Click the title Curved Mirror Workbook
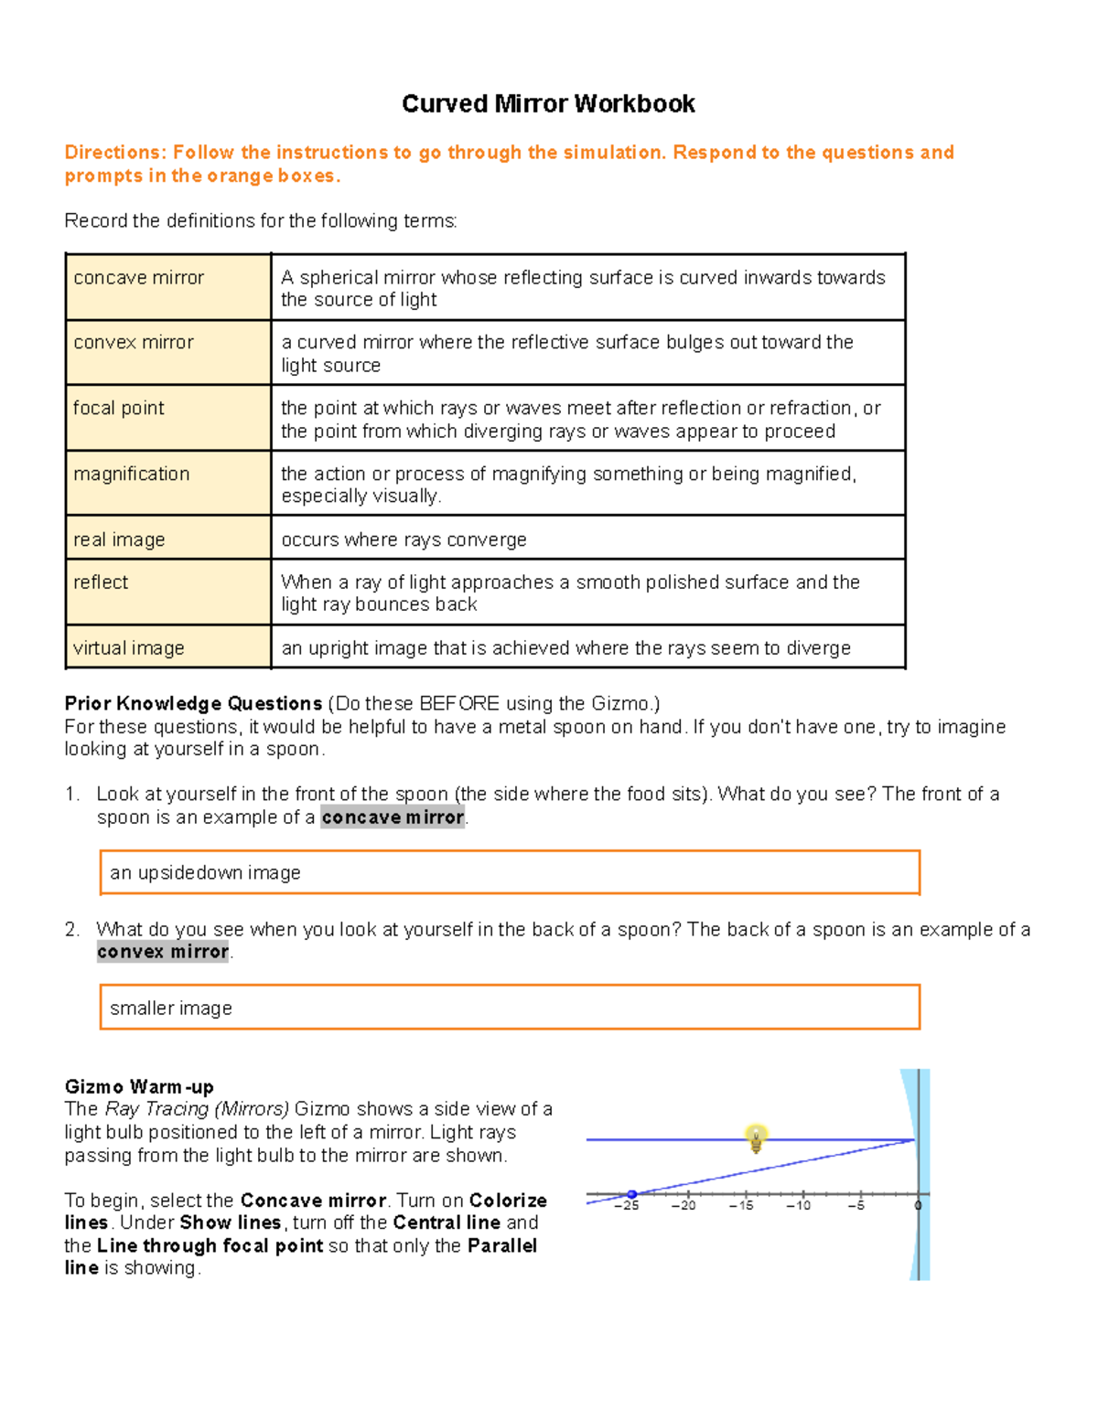point(548,104)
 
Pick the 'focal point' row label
point(119,409)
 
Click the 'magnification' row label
point(132,475)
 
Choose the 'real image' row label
point(119,540)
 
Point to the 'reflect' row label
point(101,582)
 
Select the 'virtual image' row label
point(129,648)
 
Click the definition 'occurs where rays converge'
point(404,540)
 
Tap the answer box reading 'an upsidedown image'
point(509,873)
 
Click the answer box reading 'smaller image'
point(509,1008)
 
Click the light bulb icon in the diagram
point(756,1138)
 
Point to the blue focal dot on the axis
point(631,1195)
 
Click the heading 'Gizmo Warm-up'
point(139,1087)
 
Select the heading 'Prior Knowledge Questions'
point(193,704)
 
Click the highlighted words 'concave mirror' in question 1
point(393,817)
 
